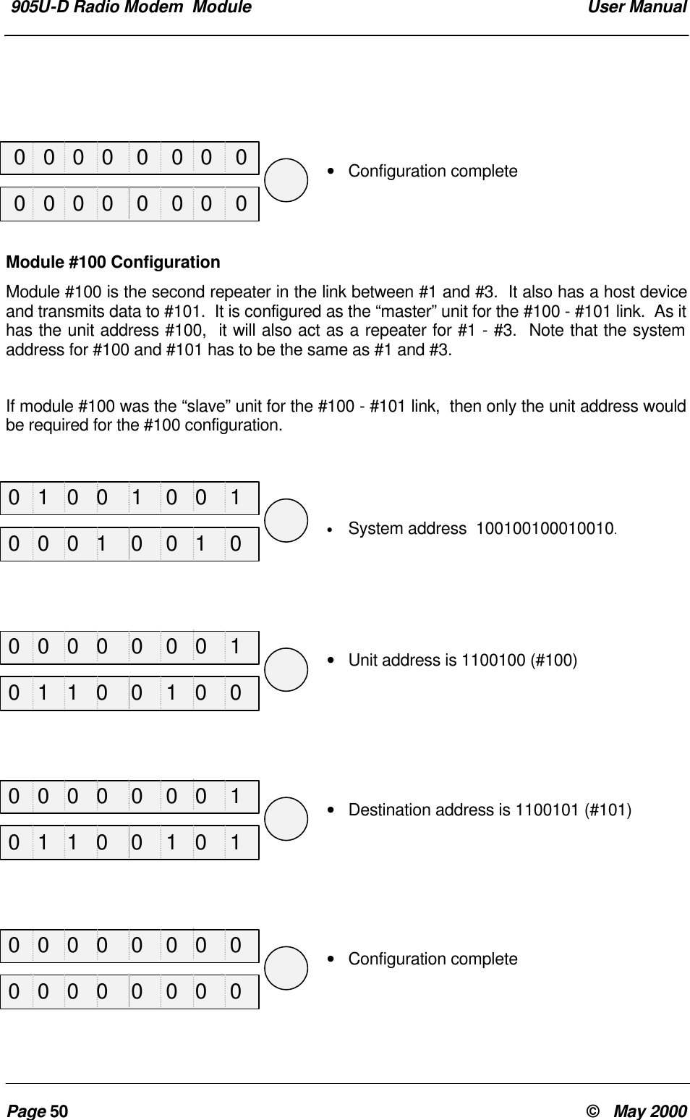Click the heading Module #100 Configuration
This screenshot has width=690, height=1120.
113,262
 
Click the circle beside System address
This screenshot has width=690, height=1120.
286,520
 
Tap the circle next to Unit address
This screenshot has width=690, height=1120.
286,669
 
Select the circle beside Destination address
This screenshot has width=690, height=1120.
286,818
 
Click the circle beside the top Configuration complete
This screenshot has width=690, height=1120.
286,180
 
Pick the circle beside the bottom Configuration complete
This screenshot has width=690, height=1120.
286,967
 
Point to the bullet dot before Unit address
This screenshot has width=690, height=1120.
331,661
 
